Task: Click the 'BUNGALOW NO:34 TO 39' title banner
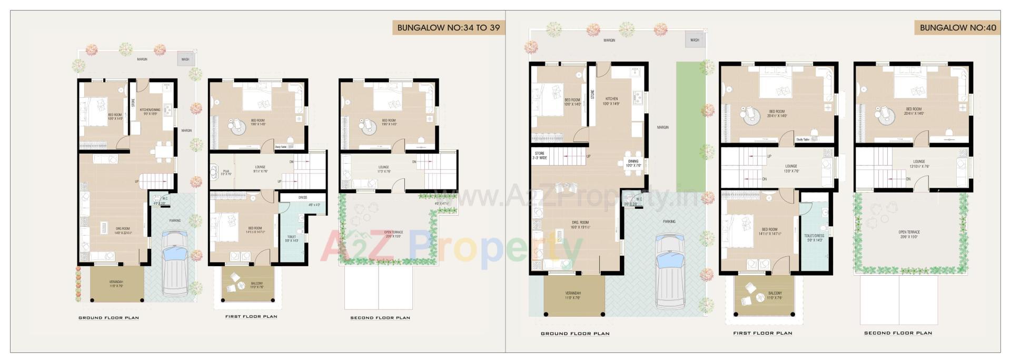coord(448,27)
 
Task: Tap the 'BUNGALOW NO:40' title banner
coord(957,27)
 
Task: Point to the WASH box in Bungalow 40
coord(695,40)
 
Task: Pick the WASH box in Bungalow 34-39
coord(185,59)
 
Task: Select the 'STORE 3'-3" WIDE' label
coord(540,156)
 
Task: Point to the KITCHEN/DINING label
coord(150,112)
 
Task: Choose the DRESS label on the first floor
coord(303,198)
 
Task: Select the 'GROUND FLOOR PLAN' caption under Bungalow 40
coord(575,334)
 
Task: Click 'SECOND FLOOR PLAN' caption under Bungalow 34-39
coord(380,318)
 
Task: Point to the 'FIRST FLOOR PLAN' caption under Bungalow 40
coord(762,333)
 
